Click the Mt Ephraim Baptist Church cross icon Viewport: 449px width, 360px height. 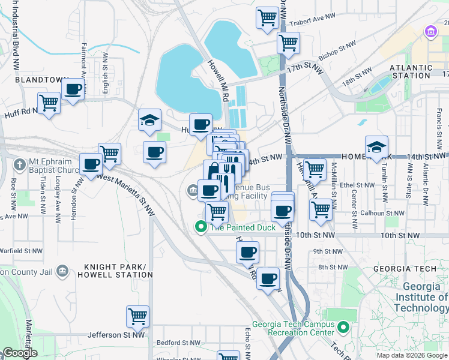20,164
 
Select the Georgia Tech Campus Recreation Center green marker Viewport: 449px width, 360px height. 343,328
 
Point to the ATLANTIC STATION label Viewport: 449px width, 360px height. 411,72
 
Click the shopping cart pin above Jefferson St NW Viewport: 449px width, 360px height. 137,315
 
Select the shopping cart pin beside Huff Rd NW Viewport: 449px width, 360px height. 49,103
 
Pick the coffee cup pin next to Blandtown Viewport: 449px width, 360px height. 73,89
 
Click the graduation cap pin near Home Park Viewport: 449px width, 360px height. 376,146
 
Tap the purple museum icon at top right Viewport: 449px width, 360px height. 430,31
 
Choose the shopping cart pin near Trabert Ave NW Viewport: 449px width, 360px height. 267,17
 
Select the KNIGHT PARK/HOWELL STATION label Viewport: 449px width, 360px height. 118,271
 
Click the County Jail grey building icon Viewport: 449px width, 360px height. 61,272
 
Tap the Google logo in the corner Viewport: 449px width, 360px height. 20,353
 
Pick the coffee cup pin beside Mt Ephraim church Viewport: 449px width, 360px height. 91,163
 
